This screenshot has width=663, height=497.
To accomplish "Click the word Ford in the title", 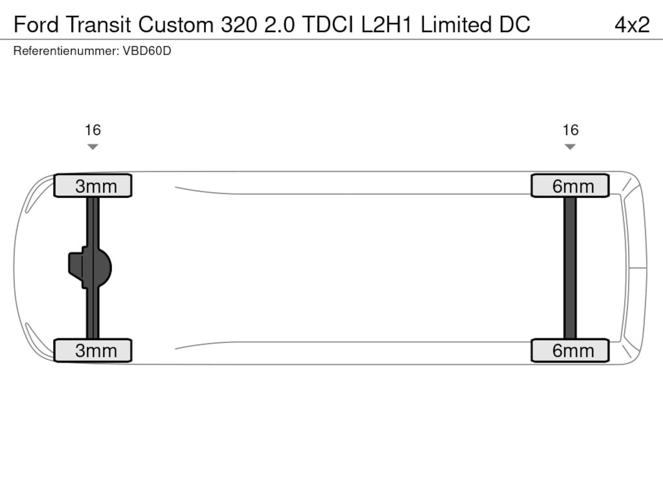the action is tap(36, 24).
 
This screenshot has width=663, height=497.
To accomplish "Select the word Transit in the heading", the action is tap(98, 24).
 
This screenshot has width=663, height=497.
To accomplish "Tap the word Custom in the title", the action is tap(176, 24).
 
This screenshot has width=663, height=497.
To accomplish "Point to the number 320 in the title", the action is tap(239, 24).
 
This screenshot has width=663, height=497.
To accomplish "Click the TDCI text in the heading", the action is tap(327, 24).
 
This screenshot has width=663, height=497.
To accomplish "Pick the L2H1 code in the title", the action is tap(386, 24).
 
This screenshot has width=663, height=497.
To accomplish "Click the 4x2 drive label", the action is tap(632, 24).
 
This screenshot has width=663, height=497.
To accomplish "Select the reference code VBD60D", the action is tap(147, 51).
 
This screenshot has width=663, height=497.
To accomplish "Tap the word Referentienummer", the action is tap(66, 51).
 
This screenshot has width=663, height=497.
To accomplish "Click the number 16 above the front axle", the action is tap(93, 130).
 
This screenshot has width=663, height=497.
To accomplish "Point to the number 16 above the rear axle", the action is tap(570, 130).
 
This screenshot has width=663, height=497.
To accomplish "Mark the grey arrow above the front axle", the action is tap(93, 147).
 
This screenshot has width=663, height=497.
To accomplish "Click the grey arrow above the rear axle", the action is tap(570, 147).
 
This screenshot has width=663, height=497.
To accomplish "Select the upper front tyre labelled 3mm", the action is tap(93, 185).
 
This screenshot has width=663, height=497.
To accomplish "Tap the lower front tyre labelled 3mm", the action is tap(93, 350).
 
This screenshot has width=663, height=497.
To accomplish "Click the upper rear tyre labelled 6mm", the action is tap(570, 185).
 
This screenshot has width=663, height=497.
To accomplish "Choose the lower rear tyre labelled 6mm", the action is tap(570, 350).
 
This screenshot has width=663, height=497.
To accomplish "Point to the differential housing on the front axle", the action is tap(90, 268).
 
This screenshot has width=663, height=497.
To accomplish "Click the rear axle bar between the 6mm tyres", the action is tap(570, 268).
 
